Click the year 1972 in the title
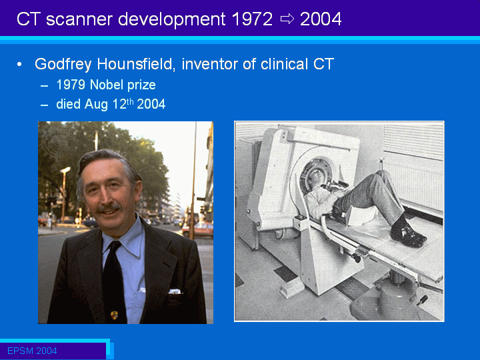click(x=252, y=19)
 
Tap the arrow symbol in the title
click(x=287, y=19)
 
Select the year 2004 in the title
click(x=321, y=19)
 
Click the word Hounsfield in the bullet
click(x=136, y=64)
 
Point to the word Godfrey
click(x=63, y=65)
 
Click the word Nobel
click(x=106, y=85)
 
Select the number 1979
click(x=71, y=85)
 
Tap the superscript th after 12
click(x=130, y=101)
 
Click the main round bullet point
click(x=19, y=65)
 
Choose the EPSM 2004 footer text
click(x=32, y=351)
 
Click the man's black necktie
click(x=114, y=281)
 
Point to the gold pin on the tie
click(x=114, y=315)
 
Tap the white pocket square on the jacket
click(x=175, y=291)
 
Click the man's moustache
click(x=109, y=208)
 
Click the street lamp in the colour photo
click(x=64, y=193)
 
